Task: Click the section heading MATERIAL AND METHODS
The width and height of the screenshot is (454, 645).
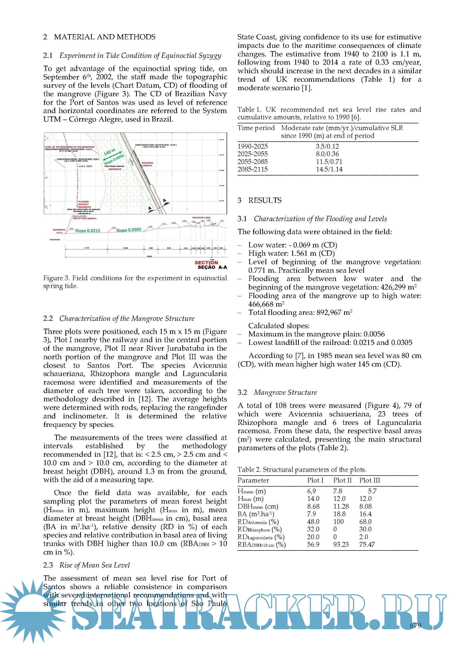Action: (x=105, y=37)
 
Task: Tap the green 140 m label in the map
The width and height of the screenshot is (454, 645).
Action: (x=110, y=152)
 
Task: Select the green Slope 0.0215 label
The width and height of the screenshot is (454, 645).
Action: (x=87, y=231)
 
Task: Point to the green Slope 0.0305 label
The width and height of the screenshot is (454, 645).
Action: (x=129, y=230)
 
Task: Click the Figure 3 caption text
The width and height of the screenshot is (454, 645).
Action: (x=135, y=282)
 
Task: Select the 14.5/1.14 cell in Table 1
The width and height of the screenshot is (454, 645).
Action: (x=329, y=169)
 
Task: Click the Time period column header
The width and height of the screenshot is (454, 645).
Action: (x=256, y=128)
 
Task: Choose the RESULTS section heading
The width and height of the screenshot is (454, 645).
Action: (x=265, y=200)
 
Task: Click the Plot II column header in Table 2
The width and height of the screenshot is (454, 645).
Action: (x=342, y=480)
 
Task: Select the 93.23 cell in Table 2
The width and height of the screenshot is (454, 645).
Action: (x=341, y=544)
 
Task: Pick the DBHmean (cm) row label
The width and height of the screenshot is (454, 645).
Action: (x=258, y=507)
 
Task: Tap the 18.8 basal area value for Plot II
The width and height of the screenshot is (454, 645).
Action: (x=339, y=514)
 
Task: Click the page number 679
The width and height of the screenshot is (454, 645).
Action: (x=415, y=625)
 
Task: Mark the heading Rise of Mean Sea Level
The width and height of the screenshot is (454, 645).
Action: (x=95, y=565)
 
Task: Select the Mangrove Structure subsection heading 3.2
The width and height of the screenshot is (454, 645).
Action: (x=285, y=393)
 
